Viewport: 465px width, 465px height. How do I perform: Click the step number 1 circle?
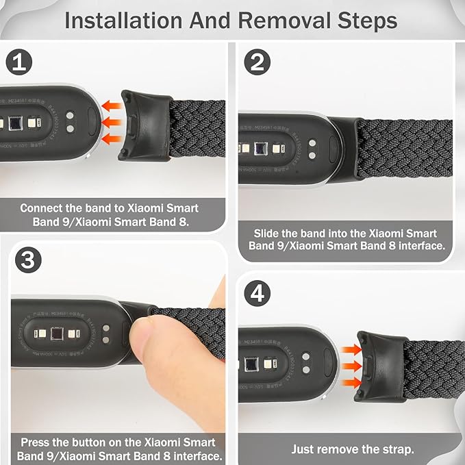click(18, 64)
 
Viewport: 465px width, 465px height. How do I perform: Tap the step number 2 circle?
click(257, 64)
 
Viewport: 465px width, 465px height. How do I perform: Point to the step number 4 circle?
click(257, 294)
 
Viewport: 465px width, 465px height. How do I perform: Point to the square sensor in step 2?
click(260, 149)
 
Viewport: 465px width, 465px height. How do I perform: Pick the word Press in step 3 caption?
click(36, 442)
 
